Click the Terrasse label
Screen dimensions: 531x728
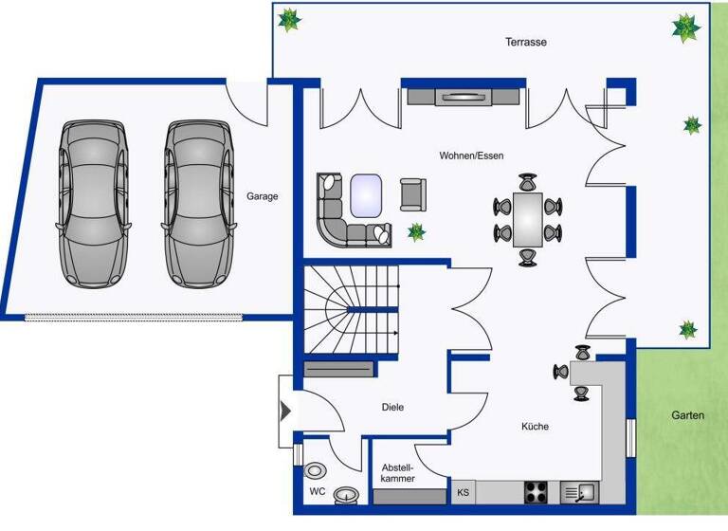point(526,42)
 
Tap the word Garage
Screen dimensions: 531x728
point(263,196)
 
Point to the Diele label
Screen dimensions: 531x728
point(392,407)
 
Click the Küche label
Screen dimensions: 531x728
point(535,427)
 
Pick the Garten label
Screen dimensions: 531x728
point(687,415)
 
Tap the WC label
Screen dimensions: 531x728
point(317,492)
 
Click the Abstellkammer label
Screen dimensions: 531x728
point(398,473)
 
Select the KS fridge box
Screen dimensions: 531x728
point(463,492)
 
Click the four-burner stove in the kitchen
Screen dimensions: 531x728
point(537,491)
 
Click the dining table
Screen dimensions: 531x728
point(528,218)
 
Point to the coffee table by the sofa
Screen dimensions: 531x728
point(366,195)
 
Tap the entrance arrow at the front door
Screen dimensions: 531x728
point(285,412)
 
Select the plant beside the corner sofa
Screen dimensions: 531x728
point(415,231)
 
